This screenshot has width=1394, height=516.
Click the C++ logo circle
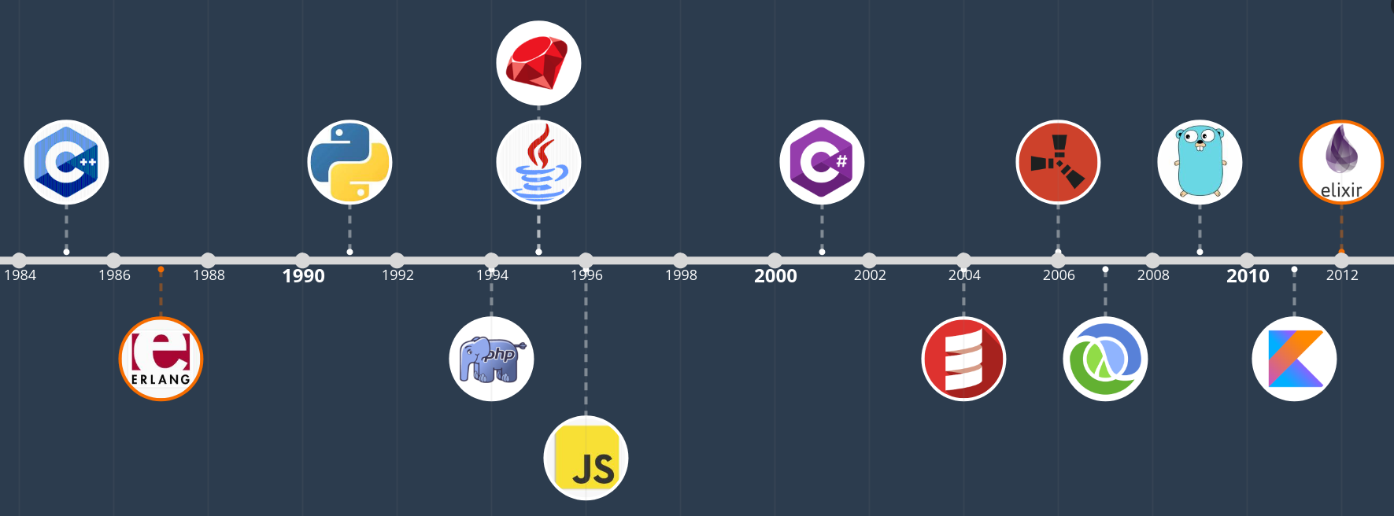[66, 162]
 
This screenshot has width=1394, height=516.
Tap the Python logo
[349, 162]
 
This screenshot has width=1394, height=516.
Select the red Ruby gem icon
[538, 63]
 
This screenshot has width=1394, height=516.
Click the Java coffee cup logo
[538, 162]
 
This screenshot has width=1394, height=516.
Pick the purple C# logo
[822, 162]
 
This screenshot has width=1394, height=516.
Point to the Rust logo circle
[1058, 162]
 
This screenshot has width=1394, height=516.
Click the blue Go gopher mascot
[1200, 162]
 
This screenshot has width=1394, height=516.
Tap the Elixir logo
[1341, 162]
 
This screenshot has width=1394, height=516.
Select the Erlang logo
[161, 359]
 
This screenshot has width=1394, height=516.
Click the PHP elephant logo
[491, 359]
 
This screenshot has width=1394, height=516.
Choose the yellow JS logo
[586, 458]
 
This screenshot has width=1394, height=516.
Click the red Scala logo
[963, 359]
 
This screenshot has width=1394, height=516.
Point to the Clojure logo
[1105, 359]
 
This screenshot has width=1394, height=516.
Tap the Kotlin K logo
[1294, 359]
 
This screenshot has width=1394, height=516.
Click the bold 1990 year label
[303, 276]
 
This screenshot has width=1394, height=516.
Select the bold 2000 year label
[775, 276]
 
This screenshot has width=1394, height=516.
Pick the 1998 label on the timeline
[681, 275]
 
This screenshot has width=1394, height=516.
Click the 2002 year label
[870, 275]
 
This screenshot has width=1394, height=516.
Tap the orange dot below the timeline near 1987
[161, 270]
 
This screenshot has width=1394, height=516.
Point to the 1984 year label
[20, 275]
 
